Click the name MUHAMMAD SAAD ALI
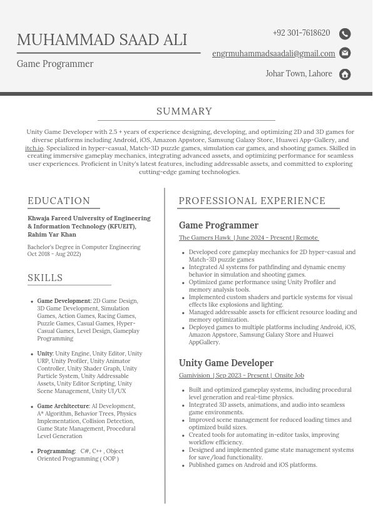coord(102,40)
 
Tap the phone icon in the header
coord(345,34)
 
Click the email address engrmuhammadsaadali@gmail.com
coord(273,54)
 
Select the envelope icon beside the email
coord(345,53)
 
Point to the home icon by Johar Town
coord(345,74)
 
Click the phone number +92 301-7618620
coord(301,33)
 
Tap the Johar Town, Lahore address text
coord(299,74)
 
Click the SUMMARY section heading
coord(185,111)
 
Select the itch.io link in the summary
coord(34,148)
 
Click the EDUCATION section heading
coord(59,201)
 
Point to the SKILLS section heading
coord(45,278)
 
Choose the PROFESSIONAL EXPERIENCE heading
coord(252,201)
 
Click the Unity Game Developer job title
coord(226,363)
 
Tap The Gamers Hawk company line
coord(248,238)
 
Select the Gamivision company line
coord(241,376)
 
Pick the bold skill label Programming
coord(56,451)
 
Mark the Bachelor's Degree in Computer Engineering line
coord(84,247)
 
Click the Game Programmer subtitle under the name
coord(55,64)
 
